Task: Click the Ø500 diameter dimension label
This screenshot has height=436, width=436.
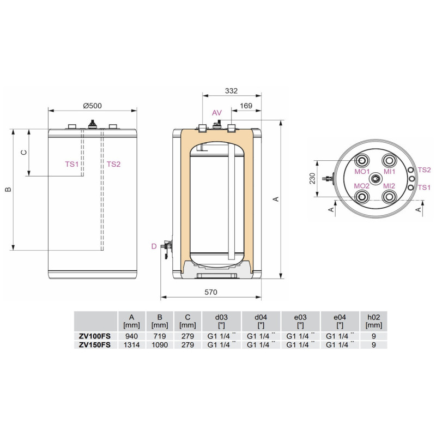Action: (92, 106)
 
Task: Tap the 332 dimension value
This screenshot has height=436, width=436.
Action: (231, 91)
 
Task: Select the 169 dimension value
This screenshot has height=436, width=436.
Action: (246, 106)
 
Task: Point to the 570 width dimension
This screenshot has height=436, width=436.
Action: (211, 292)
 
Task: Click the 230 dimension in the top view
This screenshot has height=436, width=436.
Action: (312, 178)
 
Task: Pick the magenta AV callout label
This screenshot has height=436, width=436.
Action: (217, 113)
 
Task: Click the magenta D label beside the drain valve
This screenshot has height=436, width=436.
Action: (154, 246)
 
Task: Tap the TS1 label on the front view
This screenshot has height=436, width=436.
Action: (72, 165)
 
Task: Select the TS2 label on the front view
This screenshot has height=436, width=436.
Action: (113, 165)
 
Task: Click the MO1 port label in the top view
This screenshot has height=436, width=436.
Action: (362, 172)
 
